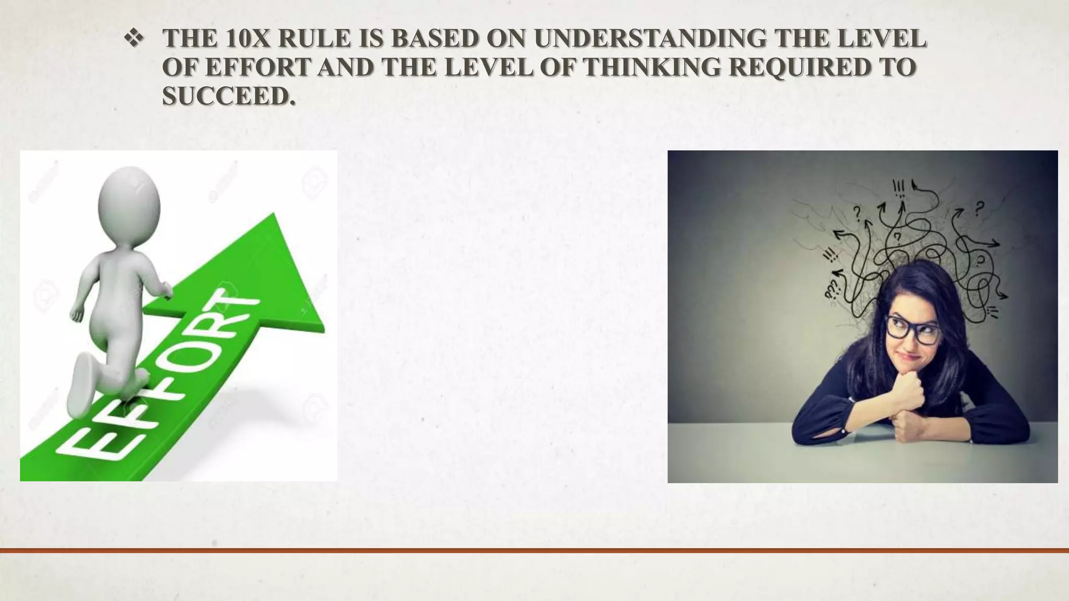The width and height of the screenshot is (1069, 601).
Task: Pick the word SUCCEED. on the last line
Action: pyautogui.click(x=229, y=96)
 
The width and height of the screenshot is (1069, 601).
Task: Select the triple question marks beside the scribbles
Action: pyautogui.click(x=832, y=287)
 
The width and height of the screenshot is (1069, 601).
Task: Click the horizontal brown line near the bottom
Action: pyautogui.click(x=534, y=550)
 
